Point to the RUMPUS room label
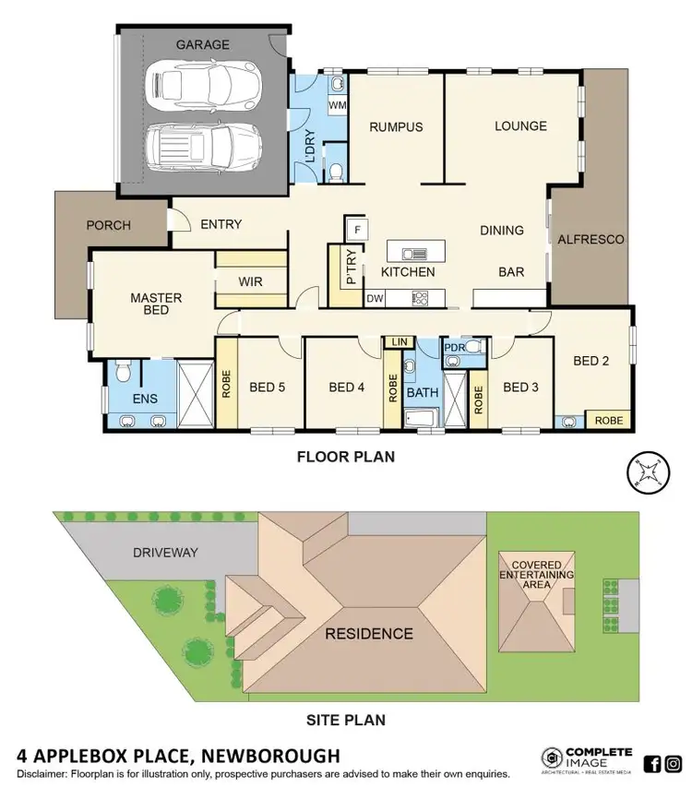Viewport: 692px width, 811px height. (x=396, y=126)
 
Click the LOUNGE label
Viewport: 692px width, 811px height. (x=520, y=125)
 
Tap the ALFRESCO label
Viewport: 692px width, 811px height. (x=591, y=239)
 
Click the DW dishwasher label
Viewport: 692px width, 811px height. (x=375, y=297)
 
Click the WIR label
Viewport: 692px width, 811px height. (x=251, y=281)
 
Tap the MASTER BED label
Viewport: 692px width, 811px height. (x=156, y=304)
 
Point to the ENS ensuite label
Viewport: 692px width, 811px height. (x=145, y=399)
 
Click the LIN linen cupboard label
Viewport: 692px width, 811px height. (x=399, y=342)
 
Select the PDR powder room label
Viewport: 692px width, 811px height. (x=454, y=348)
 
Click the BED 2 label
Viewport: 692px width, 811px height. (x=591, y=361)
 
